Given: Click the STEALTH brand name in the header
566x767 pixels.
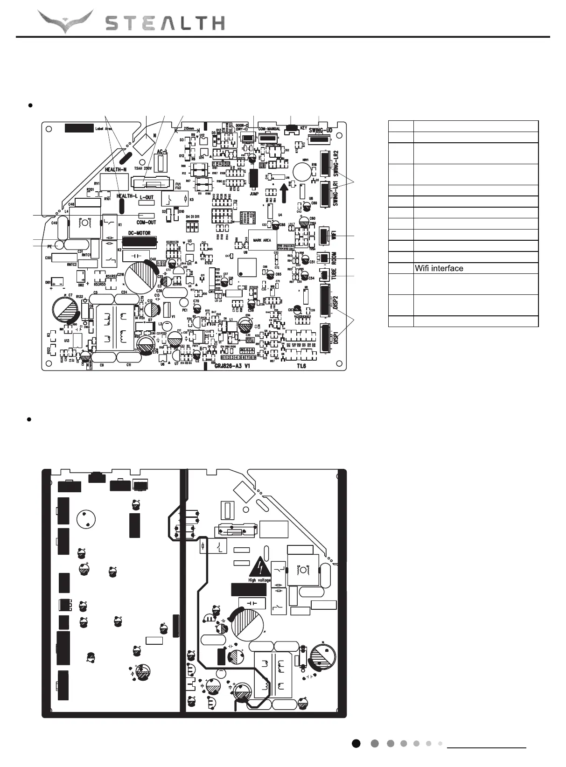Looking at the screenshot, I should [x=165, y=23].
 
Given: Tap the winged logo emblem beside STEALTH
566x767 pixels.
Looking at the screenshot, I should [x=65, y=21].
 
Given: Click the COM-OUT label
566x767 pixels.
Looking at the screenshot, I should [x=146, y=223].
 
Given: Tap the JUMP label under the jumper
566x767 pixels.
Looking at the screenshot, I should [x=254, y=194].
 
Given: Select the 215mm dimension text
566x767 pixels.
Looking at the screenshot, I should [x=189, y=127].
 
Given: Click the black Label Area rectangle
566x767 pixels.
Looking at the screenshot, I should [x=78, y=128].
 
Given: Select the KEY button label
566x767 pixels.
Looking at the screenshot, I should [x=303, y=127].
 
